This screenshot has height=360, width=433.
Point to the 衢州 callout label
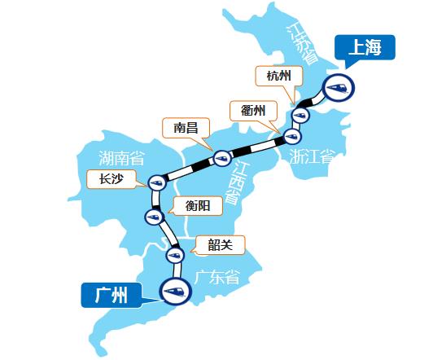coord(253,111)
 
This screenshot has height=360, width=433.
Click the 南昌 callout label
coord(186,128)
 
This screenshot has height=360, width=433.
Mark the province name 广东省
coord(217,276)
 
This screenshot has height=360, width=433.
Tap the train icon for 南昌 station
coord(220,157)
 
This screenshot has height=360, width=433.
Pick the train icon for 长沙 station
coord(155,183)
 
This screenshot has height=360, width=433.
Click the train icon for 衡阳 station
coord(153,216)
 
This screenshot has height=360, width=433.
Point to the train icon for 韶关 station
coord(173,255)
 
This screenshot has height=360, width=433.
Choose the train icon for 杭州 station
coord(300,116)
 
